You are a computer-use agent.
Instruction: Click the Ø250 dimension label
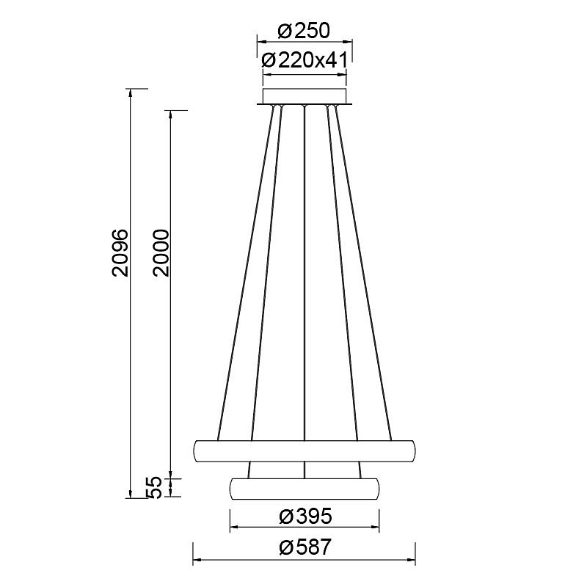[x=304, y=31]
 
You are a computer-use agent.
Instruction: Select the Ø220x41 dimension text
[x=305, y=60]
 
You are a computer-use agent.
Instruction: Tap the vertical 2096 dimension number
[x=120, y=252]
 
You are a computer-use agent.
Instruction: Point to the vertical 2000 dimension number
[x=161, y=252]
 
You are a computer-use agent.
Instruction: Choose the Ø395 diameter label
[x=305, y=517]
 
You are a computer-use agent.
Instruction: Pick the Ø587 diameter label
[x=305, y=547]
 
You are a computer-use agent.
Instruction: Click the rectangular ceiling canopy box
[x=305, y=96]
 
